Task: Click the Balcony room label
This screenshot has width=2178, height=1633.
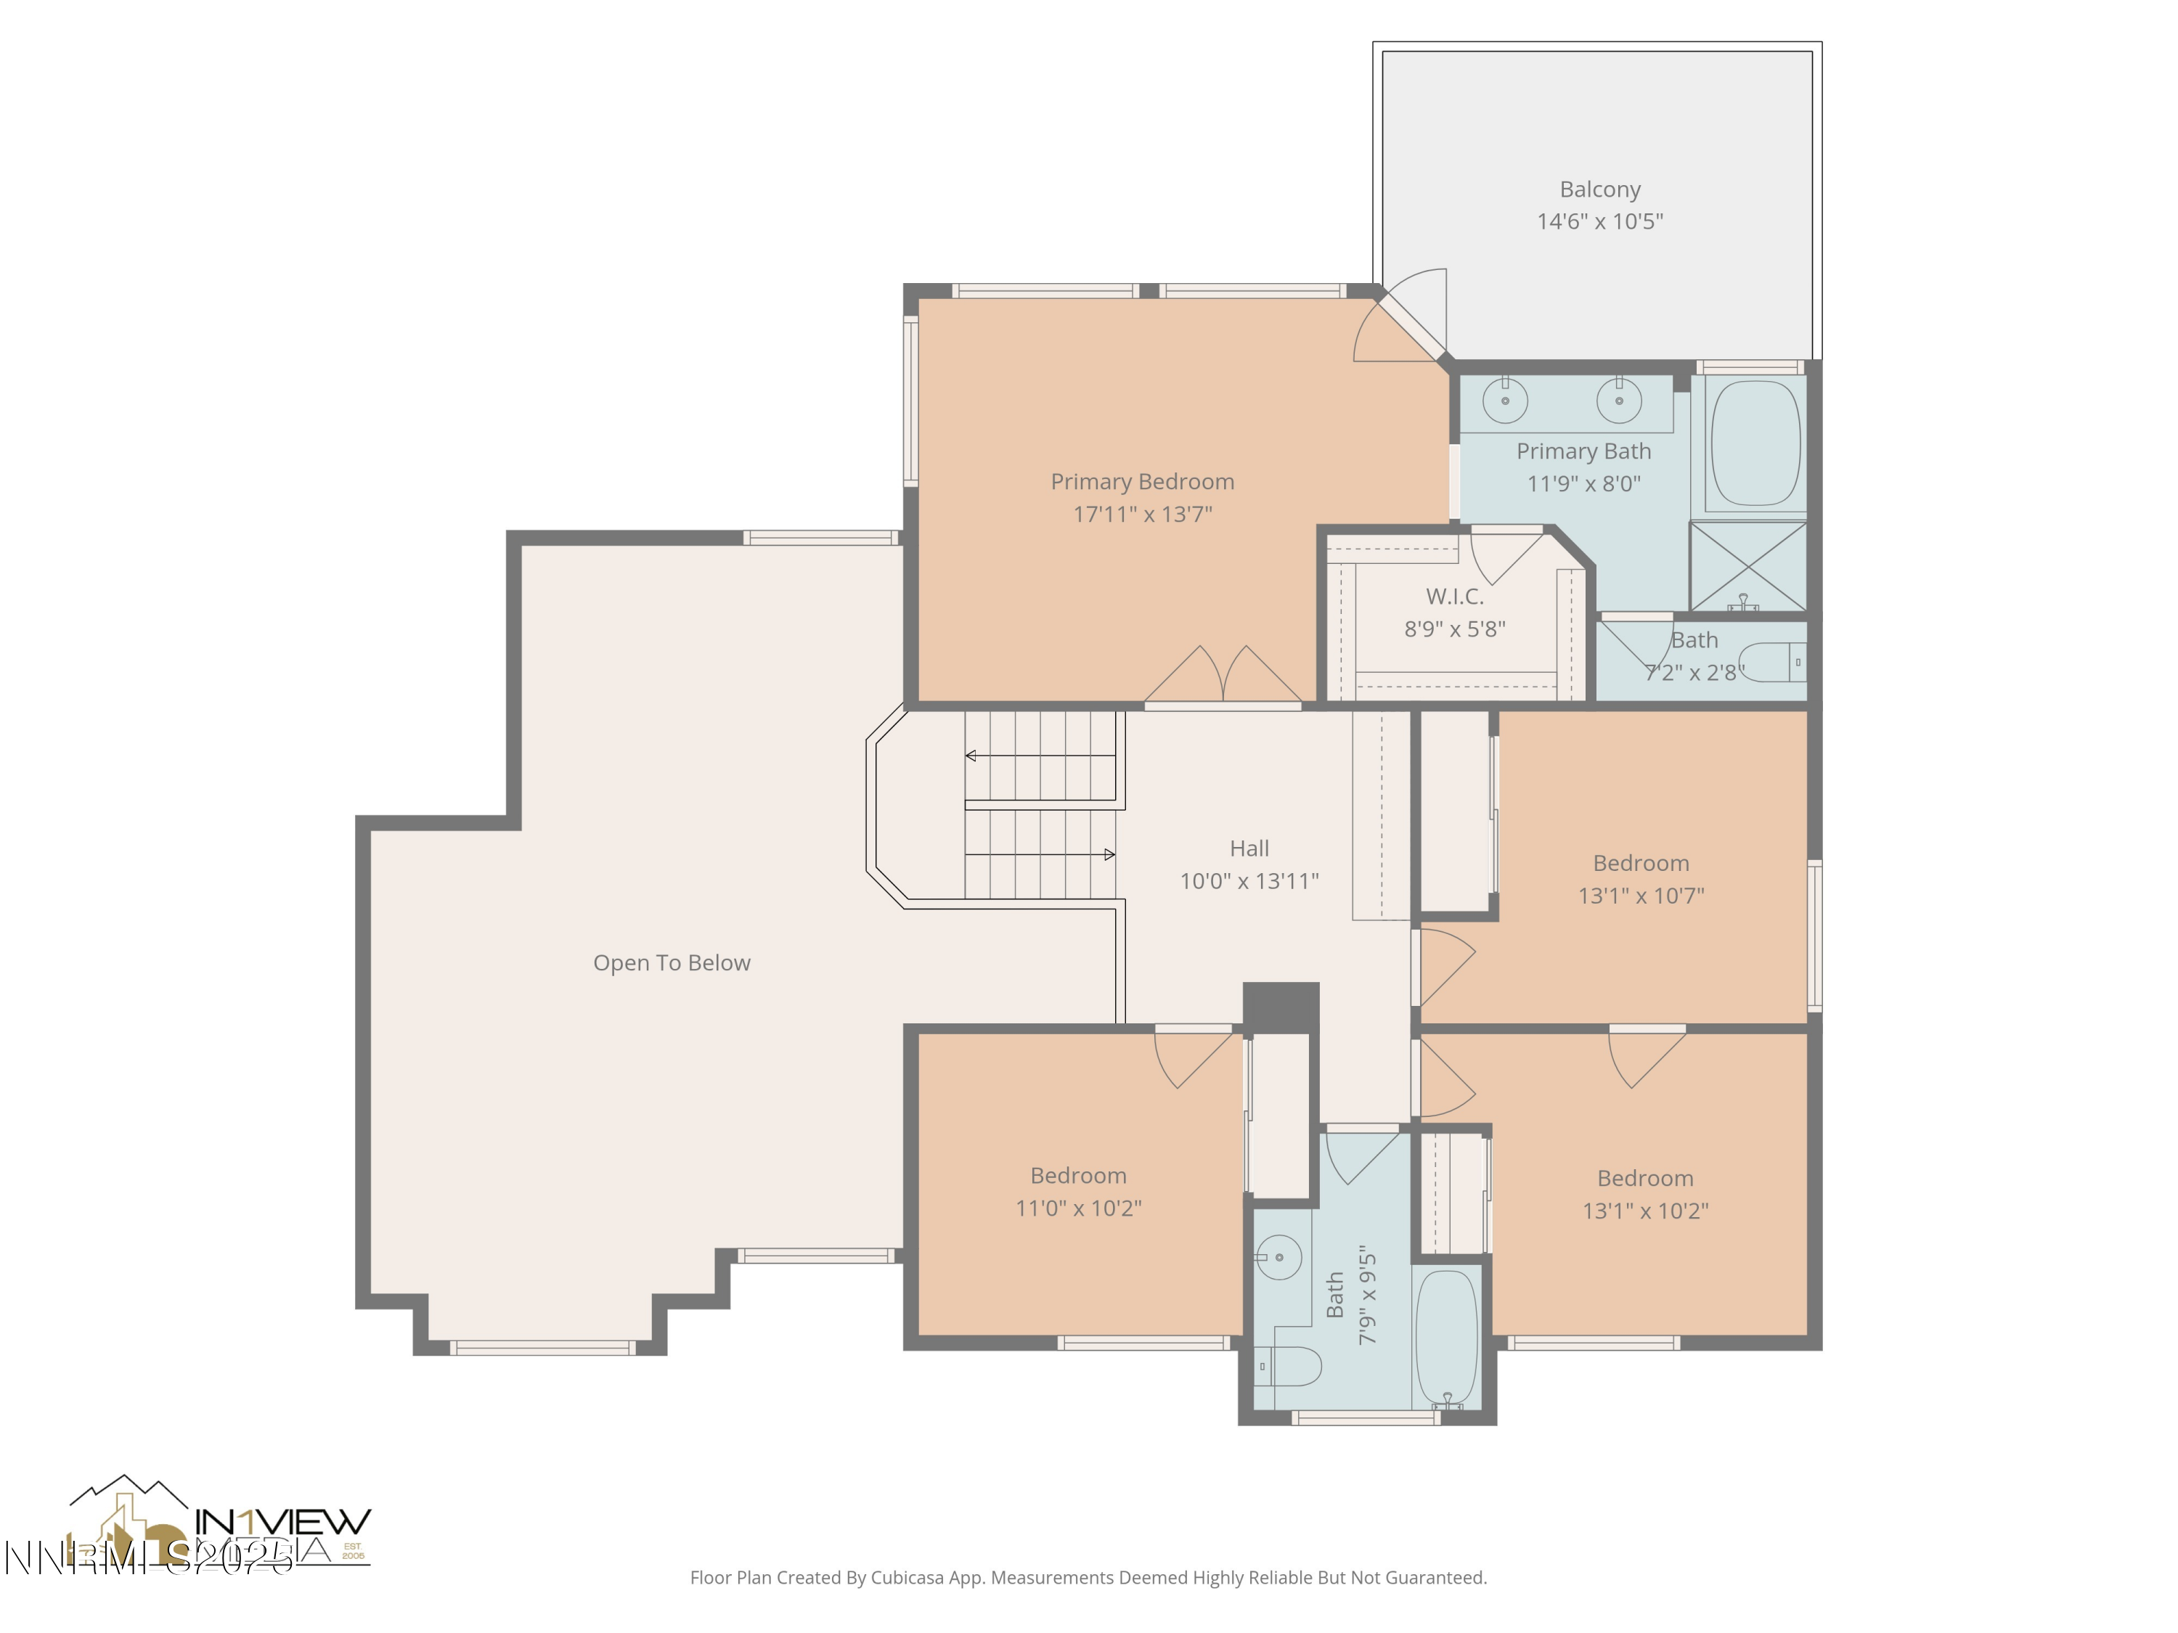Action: [1599, 189]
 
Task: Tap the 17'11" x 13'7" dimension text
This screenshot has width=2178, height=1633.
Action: [1142, 514]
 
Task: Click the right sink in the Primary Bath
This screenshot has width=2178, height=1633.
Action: [1619, 401]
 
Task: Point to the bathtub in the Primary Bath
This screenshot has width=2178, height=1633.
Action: [1755, 443]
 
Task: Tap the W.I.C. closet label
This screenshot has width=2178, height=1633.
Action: [1454, 597]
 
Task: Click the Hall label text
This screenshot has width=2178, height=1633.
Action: [1249, 848]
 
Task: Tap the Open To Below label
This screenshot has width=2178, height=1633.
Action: [672, 962]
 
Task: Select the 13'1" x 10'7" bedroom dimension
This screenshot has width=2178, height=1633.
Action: [1640, 896]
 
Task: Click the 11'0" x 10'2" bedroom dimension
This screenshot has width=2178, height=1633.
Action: [1078, 1208]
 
